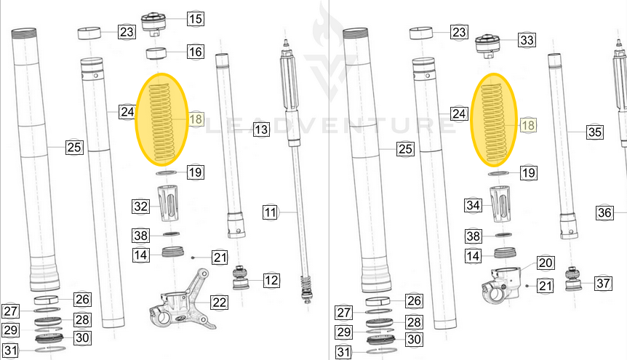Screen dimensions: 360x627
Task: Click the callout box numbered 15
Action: (x=195, y=19)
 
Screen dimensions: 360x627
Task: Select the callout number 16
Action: (x=195, y=52)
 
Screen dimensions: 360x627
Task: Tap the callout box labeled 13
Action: (x=261, y=129)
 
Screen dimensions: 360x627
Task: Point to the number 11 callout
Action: (x=271, y=213)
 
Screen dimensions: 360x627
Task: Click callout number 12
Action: (x=271, y=280)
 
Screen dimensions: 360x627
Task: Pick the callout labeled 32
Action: (x=140, y=207)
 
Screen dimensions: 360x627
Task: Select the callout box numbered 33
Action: (x=527, y=39)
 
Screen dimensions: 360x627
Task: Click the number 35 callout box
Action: (x=595, y=132)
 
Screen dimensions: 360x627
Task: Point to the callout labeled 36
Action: (x=605, y=212)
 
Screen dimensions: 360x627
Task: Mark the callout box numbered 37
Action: (x=602, y=283)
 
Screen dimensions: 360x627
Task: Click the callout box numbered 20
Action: (x=545, y=263)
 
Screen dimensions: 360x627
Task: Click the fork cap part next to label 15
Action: (x=153, y=22)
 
